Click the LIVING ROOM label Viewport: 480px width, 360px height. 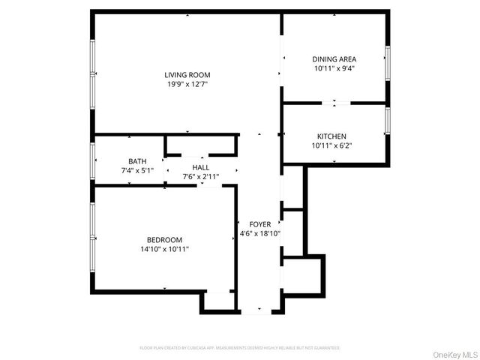tap(187, 74)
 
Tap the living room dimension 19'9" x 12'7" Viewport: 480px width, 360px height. tap(187, 84)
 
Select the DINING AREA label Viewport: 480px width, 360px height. tap(334, 58)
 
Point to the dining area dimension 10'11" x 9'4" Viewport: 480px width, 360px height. tap(334, 68)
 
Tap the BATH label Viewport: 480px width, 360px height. tap(137, 161)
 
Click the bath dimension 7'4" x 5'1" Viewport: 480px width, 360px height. tap(137, 171)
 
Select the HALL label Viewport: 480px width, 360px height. tap(201, 167)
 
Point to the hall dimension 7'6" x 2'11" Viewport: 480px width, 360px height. tap(201, 177)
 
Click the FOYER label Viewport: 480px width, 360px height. tap(260, 224)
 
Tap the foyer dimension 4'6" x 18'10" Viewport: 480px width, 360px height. tap(260, 234)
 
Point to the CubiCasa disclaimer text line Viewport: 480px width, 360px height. tap(240, 348)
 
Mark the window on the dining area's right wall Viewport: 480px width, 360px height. tap(388, 62)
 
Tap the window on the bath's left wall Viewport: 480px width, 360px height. tap(92, 159)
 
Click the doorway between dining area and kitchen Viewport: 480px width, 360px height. tap(335, 102)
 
